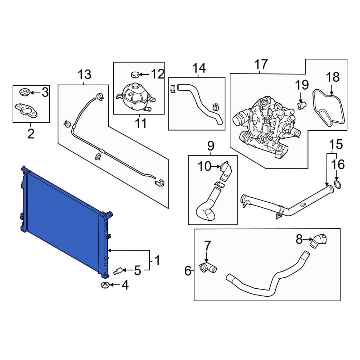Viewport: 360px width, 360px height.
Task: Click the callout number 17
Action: point(261,65)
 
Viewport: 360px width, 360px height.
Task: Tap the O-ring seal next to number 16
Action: point(338,185)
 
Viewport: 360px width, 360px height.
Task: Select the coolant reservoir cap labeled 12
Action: point(135,75)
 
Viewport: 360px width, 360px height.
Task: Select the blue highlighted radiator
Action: point(65,220)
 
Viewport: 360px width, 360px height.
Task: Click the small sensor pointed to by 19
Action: point(302,104)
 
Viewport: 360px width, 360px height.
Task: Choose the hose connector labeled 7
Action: point(207,268)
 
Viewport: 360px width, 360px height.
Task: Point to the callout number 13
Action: point(85,75)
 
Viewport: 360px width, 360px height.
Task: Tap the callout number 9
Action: point(211,146)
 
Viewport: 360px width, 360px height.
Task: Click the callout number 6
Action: point(188,271)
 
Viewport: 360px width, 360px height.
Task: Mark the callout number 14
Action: point(199,68)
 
